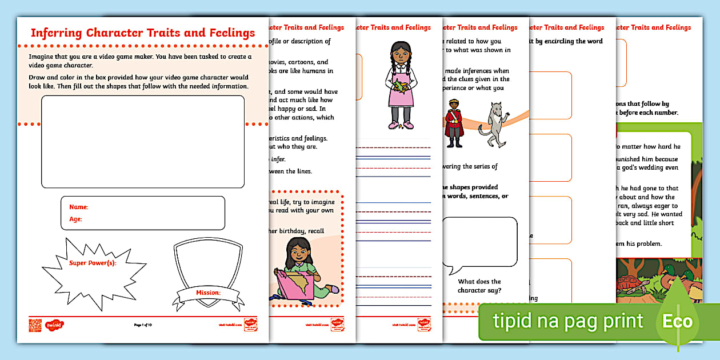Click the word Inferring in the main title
[x=56, y=33]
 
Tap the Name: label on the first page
[x=78, y=207]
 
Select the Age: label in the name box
[x=75, y=219]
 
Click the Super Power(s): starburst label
[x=92, y=263]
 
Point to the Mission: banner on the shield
[x=208, y=293]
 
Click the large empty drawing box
[x=143, y=142]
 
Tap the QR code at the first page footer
[x=35, y=325]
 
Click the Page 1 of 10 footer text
[x=143, y=325]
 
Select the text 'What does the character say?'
[x=479, y=286]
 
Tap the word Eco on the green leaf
[x=677, y=321]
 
